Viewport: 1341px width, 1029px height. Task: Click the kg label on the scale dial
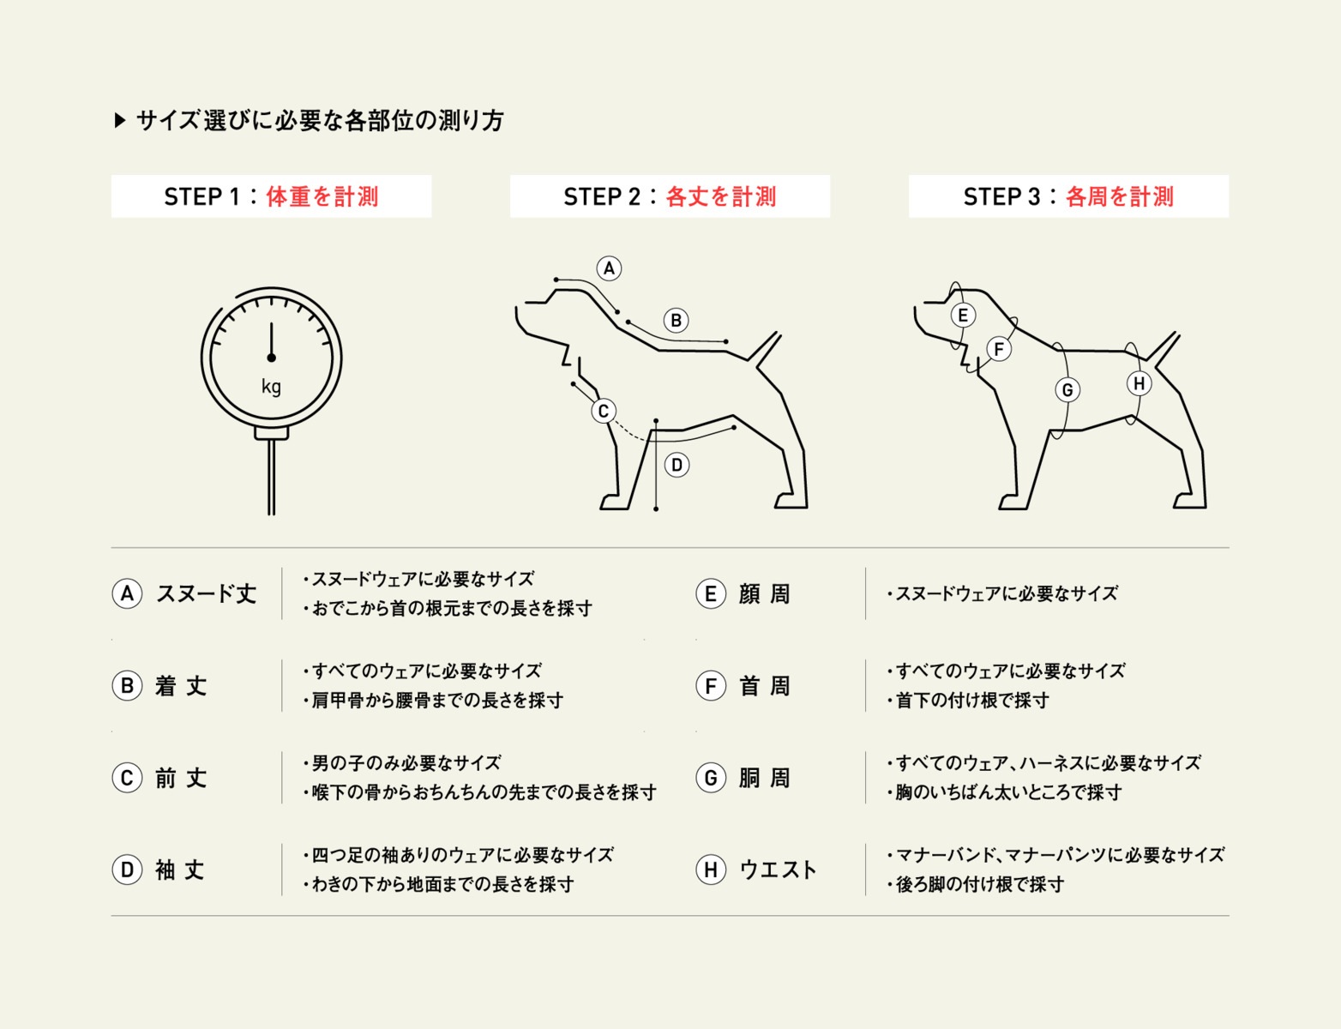coord(271,387)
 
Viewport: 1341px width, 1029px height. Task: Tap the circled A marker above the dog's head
coord(609,268)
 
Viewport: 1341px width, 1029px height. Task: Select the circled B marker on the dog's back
coord(677,320)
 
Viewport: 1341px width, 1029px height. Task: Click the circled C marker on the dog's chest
coord(604,411)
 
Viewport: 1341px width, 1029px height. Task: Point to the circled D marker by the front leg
coord(677,465)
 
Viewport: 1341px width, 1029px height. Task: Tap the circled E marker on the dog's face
coord(963,316)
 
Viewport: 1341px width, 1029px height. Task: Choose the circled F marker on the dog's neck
coord(999,349)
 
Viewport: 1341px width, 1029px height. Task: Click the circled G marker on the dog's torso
coord(1067,390)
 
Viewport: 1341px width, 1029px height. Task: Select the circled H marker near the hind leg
coord(1140,383)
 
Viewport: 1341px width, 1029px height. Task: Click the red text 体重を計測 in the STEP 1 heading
coord(322,196)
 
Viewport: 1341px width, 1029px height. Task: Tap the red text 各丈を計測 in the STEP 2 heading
coord(721,196)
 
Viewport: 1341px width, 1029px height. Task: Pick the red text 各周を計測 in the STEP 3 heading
coord(1120,196)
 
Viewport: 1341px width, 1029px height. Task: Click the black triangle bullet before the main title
coord(120,120)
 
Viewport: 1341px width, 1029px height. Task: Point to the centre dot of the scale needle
coord(272,358)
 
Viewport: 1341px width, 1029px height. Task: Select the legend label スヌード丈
coord(206,593)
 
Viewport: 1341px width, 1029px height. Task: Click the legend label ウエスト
coord(779,870)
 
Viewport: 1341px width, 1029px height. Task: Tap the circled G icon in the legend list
coord(711,778)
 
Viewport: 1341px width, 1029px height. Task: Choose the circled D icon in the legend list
coord(127,870)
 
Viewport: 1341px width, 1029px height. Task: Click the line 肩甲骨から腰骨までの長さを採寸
coord(433,701)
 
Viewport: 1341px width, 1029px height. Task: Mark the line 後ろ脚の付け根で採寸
coord(976,884)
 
